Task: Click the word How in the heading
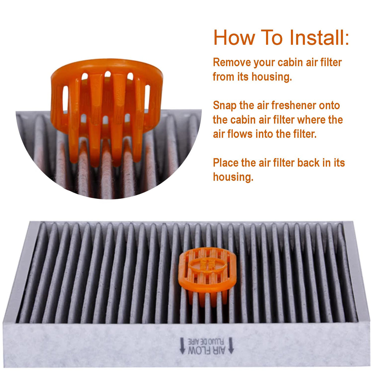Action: point(234,37)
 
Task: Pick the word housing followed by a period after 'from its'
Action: point(272,77)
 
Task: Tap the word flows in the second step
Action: point(240,134)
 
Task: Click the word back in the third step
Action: point(308,163)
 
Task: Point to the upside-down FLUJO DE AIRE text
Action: point(206,341)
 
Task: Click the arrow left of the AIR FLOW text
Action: point(182,346)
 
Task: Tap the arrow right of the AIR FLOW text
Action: point(231,346)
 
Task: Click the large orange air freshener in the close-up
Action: point(107,110)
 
